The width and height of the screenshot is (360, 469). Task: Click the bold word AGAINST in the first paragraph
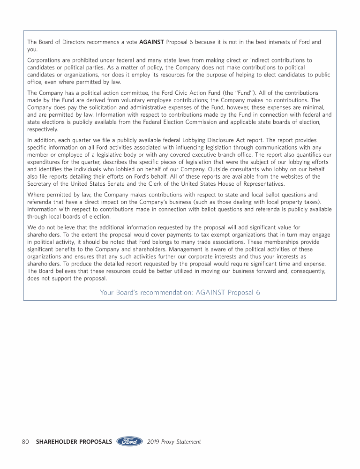(151, 42)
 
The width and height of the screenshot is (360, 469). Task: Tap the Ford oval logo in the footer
(129, 441)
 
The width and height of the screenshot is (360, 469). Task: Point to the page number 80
(26, 442)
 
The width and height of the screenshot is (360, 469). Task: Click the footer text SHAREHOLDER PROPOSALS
(74, 442)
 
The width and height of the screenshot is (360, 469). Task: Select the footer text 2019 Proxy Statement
(174, 442)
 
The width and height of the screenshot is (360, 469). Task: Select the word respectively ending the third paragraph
(43, 129)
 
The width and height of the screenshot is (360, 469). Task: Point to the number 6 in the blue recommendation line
(258, 293)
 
